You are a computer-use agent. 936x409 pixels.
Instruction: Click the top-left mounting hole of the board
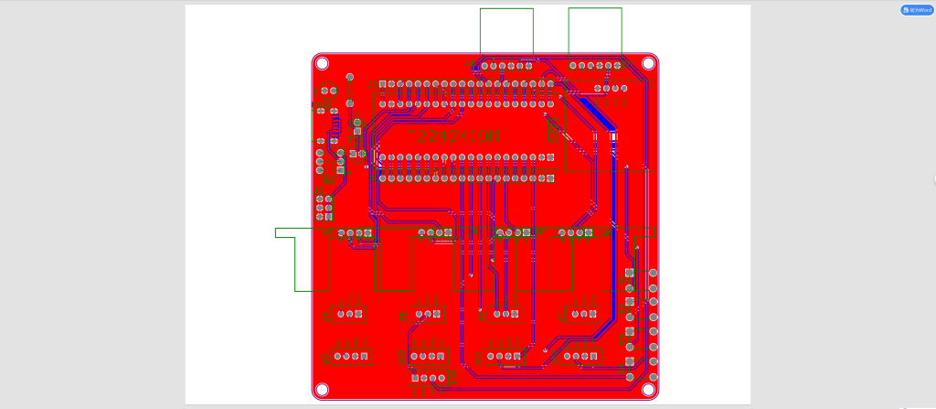coord(322,63)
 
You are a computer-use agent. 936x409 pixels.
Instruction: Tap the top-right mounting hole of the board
coord(648,63)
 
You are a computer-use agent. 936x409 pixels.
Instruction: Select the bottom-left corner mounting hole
coord(322,390)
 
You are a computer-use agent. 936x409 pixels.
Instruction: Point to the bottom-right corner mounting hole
coord(648,390)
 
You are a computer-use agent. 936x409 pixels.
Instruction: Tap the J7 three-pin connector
coord(581,315)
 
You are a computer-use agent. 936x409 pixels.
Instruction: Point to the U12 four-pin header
coord(581,356)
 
